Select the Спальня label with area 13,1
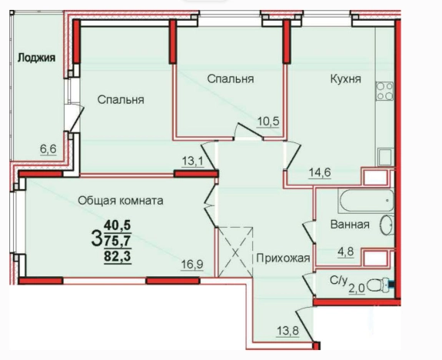(x=121, y=99)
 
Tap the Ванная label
(x=350, y=225)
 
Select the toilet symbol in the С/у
(x=377, y=285)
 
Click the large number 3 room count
(x=96, y=238)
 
